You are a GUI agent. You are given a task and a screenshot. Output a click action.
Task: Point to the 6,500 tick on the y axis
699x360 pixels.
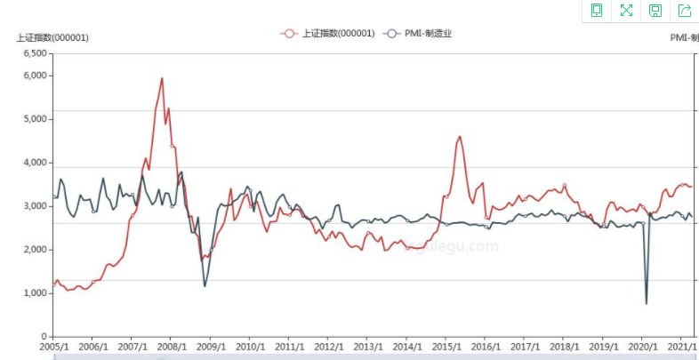tap(34, 53)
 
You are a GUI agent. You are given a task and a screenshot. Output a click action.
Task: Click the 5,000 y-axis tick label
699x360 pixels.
tap(34, 119)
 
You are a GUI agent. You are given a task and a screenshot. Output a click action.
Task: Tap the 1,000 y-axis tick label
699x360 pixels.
tap(34, 293)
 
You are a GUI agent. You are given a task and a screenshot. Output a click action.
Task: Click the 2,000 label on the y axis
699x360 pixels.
tap(34, 250)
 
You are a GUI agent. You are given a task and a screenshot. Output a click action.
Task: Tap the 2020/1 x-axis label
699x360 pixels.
tap(642, 347)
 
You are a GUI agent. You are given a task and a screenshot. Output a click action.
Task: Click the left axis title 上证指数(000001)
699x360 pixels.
tap(52, 37)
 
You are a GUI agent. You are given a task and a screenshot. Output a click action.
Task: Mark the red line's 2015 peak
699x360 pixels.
tap(459, 137)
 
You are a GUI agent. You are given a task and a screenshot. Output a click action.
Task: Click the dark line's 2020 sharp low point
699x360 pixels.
tap(647, 304)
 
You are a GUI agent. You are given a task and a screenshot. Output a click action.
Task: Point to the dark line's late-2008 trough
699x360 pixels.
tap(205, 285)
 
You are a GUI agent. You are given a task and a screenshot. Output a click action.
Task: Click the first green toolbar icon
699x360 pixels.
tap(597, 11)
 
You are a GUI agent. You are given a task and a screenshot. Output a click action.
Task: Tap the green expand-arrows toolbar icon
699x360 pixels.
tap(626, 11)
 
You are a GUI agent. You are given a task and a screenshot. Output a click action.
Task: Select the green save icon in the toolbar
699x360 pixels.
tap(655, 11)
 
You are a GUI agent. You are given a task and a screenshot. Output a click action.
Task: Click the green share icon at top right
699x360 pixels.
tap(685, 11)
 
